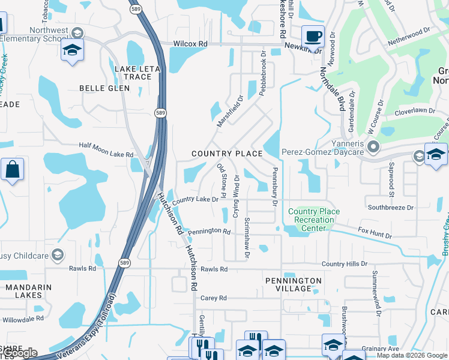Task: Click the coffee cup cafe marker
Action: click(312, 37)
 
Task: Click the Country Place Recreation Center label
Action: click(314, 220)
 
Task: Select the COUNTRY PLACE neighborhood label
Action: click(227, 154)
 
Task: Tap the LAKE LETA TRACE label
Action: click(137, 73)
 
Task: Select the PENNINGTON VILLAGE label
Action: click(294, 284)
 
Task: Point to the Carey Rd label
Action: click(214, 298)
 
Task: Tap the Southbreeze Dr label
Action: click(391, 208)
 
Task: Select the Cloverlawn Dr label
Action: click(415, 111)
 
